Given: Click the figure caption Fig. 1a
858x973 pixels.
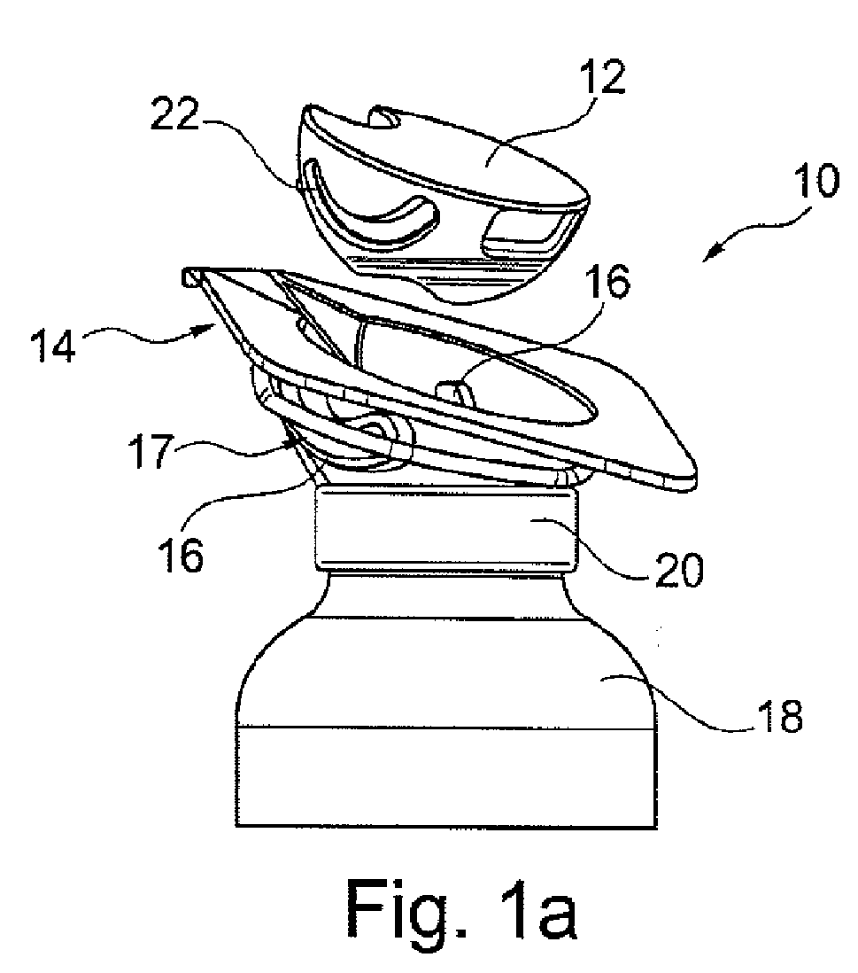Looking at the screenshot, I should click(x=460, y=910).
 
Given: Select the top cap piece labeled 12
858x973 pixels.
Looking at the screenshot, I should click(x=443, y=204).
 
